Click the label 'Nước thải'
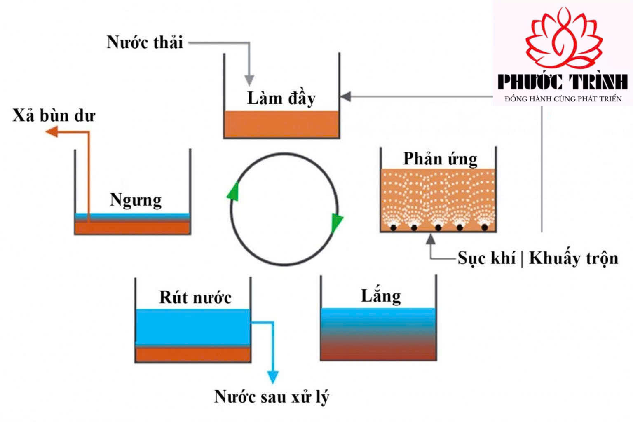(x=145, y=43)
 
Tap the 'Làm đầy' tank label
(x=281, y=99)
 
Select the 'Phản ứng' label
(x=440, y=159)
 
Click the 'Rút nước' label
(x=195, y=298)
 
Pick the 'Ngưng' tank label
(x=136, y=201)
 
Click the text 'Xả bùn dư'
(x=54, y=115)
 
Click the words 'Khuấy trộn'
(x=574, y=258)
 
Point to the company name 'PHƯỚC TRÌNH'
(x=563, y=82)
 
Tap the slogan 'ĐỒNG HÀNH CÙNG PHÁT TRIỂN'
(x=563, y=99)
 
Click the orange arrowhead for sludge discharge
(x=52, y=132)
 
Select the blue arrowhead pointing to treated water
(x=273, y=377)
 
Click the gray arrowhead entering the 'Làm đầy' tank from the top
(x=249, y=81)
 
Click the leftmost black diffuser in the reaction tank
(x=393, y=227)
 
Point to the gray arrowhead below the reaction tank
(x=430, y=239)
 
